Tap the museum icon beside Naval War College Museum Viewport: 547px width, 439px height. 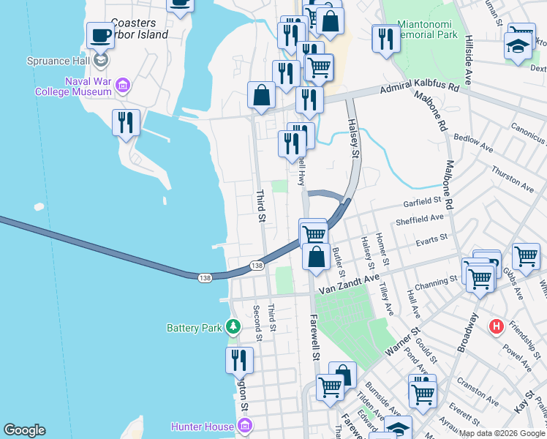[x=122, y=86]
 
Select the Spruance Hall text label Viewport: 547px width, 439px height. [x=56, y=61]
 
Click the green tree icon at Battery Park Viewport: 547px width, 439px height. [x=233, y=326]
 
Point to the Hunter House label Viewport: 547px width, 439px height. [x=201, y=426]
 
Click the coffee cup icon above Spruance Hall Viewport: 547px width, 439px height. [x=100, y=34]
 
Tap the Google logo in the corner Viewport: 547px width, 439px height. [x=25, y=430]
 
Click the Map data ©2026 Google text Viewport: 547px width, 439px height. [x=502, y=433]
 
